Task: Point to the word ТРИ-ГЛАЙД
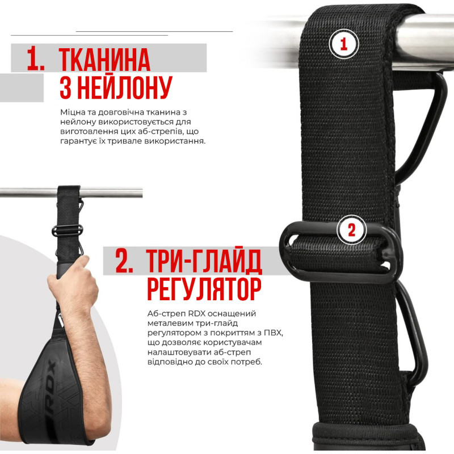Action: click(x=204, y=260)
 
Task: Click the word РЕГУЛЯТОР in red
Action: click(x=204, y=289)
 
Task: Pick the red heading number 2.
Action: click(x=124, y=260)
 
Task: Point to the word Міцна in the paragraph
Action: click(x=70, y=112)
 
